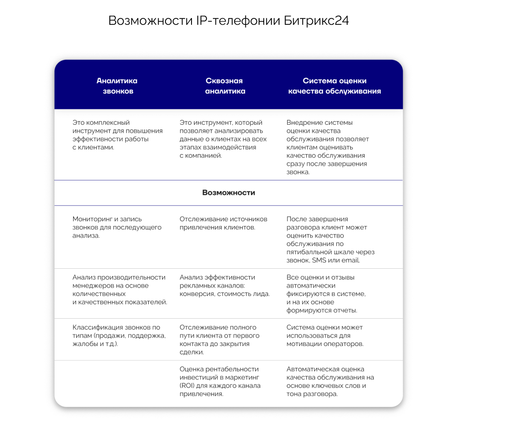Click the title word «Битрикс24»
(316, 21)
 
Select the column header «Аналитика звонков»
(117, 86)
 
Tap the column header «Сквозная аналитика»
(225, 86)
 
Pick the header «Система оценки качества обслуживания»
(334, 86)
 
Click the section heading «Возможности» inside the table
(228, 193)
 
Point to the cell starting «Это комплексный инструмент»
(117, 135)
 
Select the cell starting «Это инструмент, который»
(223, 139)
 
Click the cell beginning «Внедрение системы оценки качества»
(327, 147)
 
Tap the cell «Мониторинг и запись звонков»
(117, 227)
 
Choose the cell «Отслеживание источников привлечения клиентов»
(223, 223)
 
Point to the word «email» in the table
(351, 260)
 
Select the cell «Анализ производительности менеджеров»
(119, 290)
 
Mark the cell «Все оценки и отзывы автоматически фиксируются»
(326, 294)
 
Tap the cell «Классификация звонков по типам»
(119, 335)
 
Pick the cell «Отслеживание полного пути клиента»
(219, 340)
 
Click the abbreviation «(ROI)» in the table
(187, 386)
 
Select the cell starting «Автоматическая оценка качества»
(330, 381)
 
